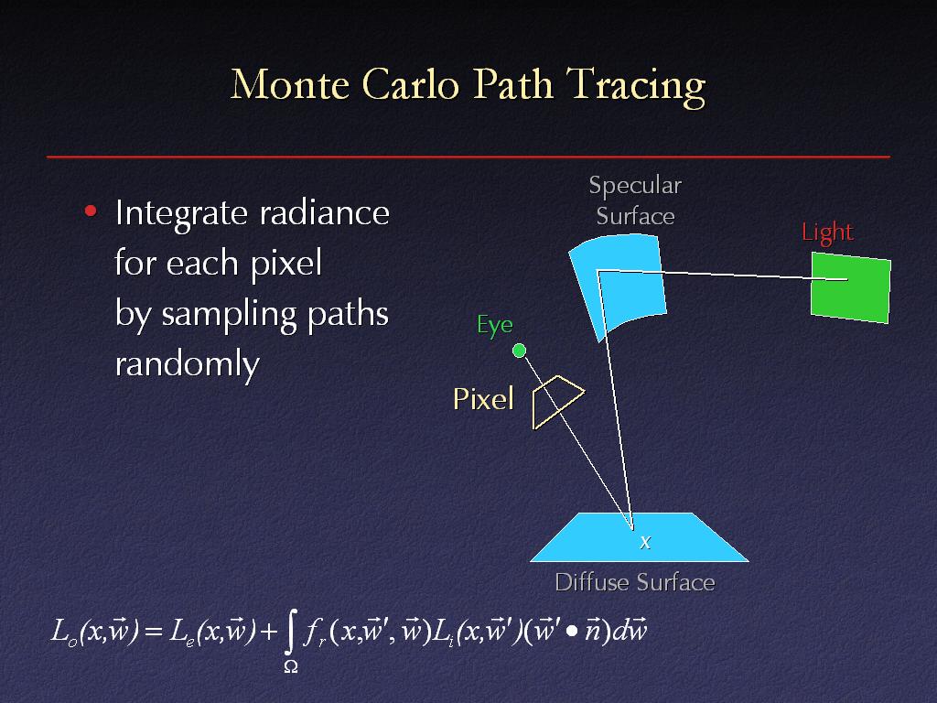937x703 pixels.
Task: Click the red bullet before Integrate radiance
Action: tap(91, 211)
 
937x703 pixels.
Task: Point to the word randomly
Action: tap(187, 364)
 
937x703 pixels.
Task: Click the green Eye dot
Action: tap(520, 351)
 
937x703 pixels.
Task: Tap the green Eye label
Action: tap(495, 326)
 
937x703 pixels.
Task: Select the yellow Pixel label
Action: tap(483, 399)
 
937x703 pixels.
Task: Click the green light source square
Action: tap(851, 287)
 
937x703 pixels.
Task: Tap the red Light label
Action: tap(827, 233)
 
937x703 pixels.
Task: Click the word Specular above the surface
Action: tap(635, 185)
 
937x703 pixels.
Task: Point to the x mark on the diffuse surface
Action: tap(645, 542)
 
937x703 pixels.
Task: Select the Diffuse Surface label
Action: tap(635, 582)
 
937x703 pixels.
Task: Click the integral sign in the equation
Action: tap(290, 633)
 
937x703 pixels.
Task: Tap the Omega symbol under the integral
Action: tap(290, 666)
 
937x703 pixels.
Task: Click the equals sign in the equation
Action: tap(154, 632)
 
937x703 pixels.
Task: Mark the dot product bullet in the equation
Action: tap(572, 633)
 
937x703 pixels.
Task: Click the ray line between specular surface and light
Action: tap(723, 275)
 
